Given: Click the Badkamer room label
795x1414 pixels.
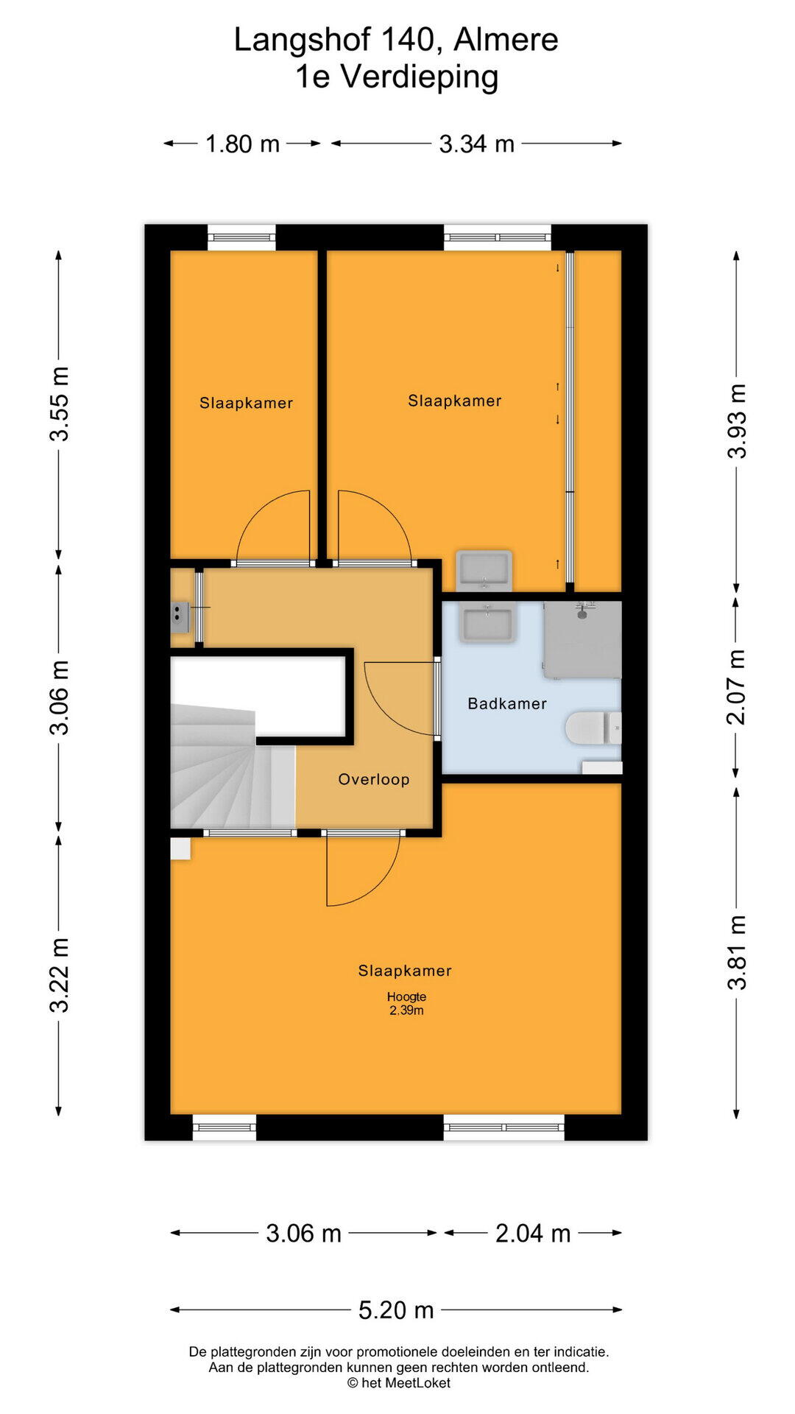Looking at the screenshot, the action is pos(507,704).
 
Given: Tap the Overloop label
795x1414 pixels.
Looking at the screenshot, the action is pos(374,779).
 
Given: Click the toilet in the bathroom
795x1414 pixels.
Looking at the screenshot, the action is pos(593,728).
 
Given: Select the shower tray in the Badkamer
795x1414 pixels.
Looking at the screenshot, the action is pos(583,639).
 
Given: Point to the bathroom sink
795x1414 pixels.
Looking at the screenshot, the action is pos(486,623).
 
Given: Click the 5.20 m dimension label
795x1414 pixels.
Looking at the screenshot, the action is pos(396,1310).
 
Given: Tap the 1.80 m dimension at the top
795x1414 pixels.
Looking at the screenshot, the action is pos(242,144).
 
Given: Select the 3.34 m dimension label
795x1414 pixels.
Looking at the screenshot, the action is pos(476,144).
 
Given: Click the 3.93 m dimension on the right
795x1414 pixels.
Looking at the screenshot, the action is pos(737,421).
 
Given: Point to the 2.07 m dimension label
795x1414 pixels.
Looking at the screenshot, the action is pos(737,687).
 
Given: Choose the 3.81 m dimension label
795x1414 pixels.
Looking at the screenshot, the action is pos(737,952).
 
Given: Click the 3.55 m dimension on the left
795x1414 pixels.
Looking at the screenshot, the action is pos(59,404).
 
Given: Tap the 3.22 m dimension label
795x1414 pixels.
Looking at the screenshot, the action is pos(59,975).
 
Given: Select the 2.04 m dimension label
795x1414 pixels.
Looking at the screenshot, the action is pos(533,1234).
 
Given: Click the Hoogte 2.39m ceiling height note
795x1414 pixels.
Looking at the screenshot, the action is pos(406,1003).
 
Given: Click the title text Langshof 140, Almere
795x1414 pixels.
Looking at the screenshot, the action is pos(396,40).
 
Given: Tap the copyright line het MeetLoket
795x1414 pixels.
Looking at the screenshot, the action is pos(398,1383).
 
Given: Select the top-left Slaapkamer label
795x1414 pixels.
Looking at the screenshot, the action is pos(247,403).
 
